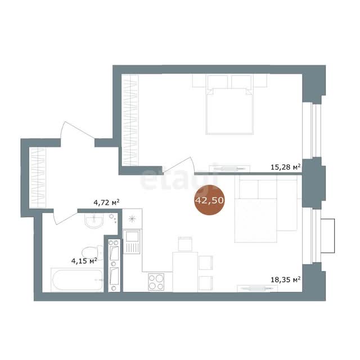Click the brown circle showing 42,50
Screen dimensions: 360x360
[x=209, y=200]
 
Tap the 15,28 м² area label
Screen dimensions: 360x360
[x=286, y=167]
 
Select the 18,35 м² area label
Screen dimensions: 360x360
[x=286, y=280]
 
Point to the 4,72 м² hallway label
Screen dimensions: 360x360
[x=106, y=202]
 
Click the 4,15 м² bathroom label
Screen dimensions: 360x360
[x=84, y=261]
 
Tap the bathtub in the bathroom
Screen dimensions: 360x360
[x=78, y=280]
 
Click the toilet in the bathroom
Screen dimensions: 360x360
[x=93, y=252]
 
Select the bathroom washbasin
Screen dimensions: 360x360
[x=94, y=220]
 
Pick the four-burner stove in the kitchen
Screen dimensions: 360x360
[x=156, y=282]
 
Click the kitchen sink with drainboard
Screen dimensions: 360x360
[x=131, y=242]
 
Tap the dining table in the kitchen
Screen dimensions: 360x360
[x=185, y=272]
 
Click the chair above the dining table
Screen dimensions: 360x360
[x=185, y=244]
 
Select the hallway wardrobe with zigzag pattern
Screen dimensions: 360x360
[x=38, y=178]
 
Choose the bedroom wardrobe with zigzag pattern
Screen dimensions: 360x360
[x=130, y=120]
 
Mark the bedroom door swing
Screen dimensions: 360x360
[x=178, y=165]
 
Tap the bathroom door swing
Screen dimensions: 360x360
[x=65, y=217]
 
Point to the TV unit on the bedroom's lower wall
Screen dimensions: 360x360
[x=229, y=169]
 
